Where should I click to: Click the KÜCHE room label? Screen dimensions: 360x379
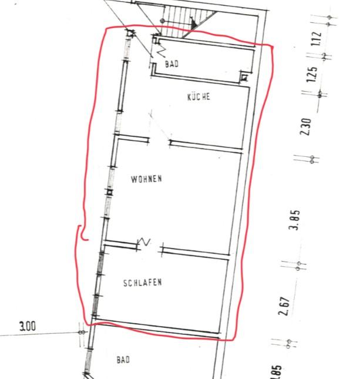tap(199, 97)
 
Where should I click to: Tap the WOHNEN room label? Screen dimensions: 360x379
tap(146, 179)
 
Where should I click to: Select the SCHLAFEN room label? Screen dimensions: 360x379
tap(143, 283)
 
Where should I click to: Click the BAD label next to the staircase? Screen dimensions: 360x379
tap(172, 64)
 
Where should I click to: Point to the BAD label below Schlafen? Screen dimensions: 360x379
tap(123, 360)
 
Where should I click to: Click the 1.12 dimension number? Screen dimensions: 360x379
tap(317, 39)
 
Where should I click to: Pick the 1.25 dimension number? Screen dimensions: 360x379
tap(312, 74)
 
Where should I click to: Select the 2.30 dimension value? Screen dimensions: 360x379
tap(305, 126)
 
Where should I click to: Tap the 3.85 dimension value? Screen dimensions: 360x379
tap(295, 220)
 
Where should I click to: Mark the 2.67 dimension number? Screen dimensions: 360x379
tap(284, 306)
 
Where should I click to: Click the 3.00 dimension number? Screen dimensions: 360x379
tap(28, 326)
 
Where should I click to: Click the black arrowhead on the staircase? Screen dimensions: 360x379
tap(194, 24)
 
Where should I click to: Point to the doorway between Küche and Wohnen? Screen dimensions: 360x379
tap(160, 142)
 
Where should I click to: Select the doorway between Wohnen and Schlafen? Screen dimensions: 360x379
tap(150, 249)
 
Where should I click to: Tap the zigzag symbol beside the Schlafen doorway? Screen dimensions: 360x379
tap(144, 242)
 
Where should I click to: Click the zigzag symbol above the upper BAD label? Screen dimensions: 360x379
tap(161, 52)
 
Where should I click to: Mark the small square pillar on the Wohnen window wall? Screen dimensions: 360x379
tap(109, 192)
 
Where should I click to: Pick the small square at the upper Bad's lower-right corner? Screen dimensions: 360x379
tap(244, 78)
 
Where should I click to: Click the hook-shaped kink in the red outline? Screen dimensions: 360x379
tap(82, 233)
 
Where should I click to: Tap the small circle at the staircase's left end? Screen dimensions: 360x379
tap(163, 21)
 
